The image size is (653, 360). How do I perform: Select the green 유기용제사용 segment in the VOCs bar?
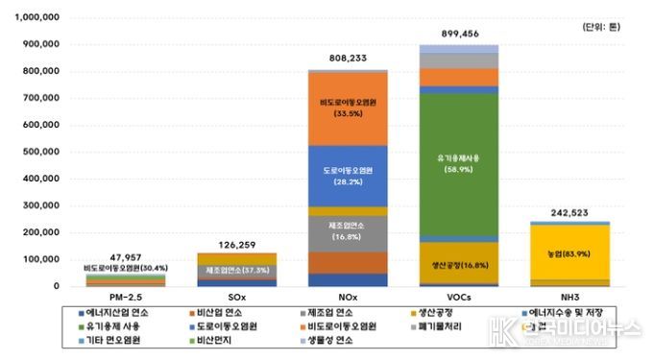coord(458,163)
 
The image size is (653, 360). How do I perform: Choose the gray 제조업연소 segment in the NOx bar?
coord(347,231)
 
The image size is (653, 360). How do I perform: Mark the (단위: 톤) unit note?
coord(601,27)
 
